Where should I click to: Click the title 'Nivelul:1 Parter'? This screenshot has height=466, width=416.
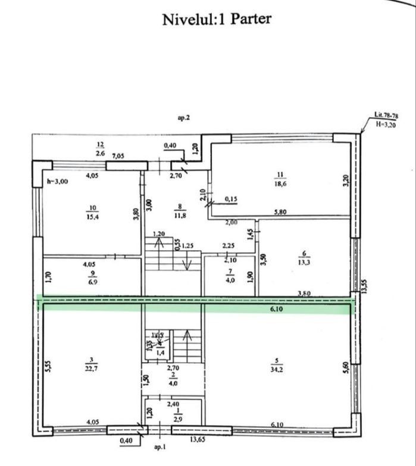point(216,18)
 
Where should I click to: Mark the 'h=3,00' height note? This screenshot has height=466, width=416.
point(57,182)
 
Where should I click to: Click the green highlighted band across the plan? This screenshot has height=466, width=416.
point(196,304)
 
